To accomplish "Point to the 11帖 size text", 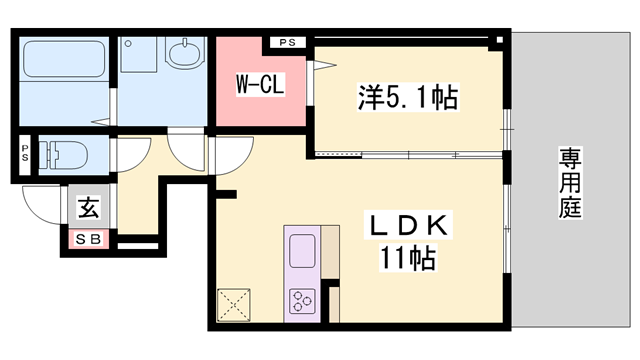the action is pos(407,258).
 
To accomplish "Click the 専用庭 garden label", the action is pos(571,183).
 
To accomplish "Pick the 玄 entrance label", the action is pos(89,209).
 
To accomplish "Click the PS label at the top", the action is pos(288,42).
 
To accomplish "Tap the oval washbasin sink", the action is pos(183,52).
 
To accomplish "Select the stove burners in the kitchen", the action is pos(302,300).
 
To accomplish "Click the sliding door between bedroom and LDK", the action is pos(410,154).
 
